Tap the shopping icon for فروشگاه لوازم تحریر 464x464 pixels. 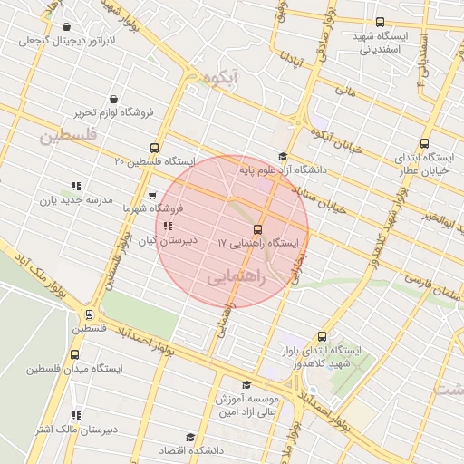pyautogui.click(x=113, y=99)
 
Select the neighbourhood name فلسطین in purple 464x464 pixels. pyautogui.click(x=66, y=137)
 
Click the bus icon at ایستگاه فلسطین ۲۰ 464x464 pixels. pyautogui.click(x=156, y=147)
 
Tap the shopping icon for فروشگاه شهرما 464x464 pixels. pyautogui.click(x=152, y=193)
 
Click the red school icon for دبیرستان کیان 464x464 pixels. pyautogui.click(x=168, y=226)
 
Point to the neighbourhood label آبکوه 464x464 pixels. pyautogui.click(x=220, y=80)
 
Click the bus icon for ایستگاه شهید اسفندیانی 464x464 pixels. pyautogui.click(x=379, y=22)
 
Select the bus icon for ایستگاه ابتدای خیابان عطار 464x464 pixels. pyautogui.click(x=425, y=143)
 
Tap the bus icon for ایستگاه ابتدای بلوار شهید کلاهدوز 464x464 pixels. pyautogui.click(x=322, y=335)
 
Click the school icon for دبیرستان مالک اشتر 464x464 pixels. pyautogui.click(x=76, y=415)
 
